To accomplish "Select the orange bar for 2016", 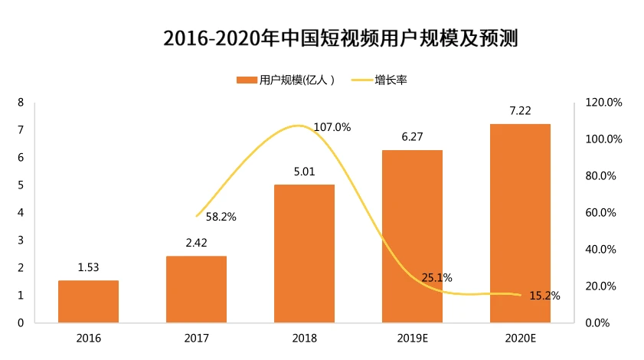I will pyautogui.click(x=89, y=301).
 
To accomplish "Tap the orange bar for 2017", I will pyautogui.click(x=196, y=289).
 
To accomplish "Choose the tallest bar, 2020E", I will pyautogui.click(x=520, y=223).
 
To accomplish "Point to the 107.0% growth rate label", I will pyautogui.click(x=332, y=127).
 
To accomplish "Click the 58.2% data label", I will pyautogui.click(x=221, y=217).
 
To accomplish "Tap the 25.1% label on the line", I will pyautogui.click(x=436, y=277).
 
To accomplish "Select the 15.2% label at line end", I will pyautogui.click(x=544, y=296).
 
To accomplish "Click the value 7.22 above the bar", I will pyautogui.click(x=520, y=110).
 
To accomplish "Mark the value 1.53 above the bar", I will pyautogui.click(x=89, y=267).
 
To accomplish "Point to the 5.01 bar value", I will pyautogui.click(x=304, y=172).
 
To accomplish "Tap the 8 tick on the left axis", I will pyautogui.click(x=21, y=102).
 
